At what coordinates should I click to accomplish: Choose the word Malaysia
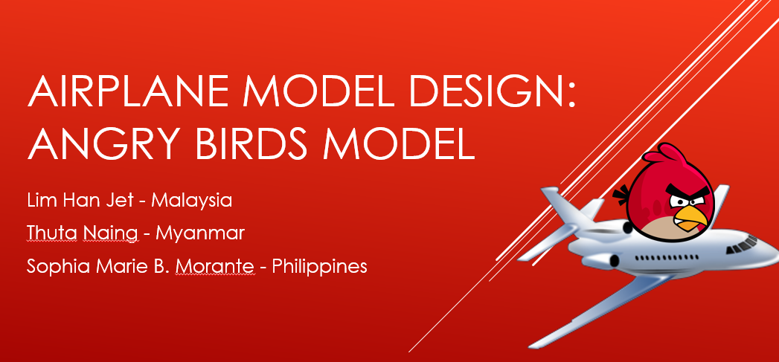pos(191,201)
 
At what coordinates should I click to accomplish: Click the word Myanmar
pos(200,233)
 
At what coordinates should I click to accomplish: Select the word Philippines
pos(319,266)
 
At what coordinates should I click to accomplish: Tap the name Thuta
pos(51,233)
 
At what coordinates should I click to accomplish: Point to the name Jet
pos(123,201)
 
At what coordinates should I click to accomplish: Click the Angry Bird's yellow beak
pos(690,218)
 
